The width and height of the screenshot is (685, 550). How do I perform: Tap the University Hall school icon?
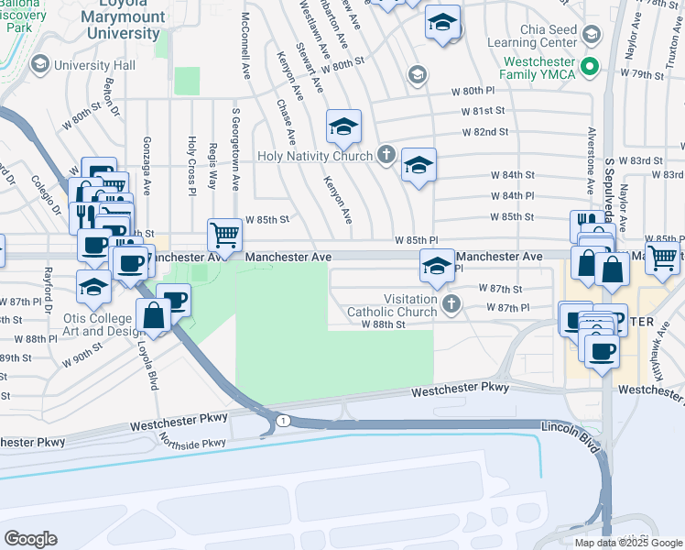pos(40,65)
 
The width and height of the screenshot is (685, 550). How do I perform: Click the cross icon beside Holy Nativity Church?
pos(386,154)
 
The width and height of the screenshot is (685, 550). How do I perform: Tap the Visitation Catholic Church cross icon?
pos(449,303)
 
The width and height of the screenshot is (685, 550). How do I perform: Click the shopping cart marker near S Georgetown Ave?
pos(223,235)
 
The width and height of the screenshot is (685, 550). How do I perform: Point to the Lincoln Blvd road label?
pos(571,427)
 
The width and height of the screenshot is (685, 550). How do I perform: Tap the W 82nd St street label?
pos(485,132)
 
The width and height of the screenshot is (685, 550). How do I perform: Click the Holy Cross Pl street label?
pos(191,166)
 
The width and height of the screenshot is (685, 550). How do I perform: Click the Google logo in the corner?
pos(30,538)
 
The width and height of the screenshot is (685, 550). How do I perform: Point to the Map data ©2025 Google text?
pos(628,543)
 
